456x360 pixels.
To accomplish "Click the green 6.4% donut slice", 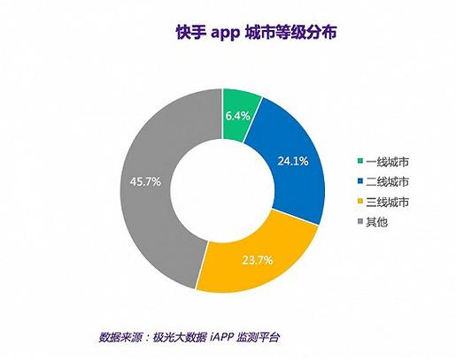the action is [x=238, y=116].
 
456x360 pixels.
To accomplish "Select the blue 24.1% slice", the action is [x=290, y=162].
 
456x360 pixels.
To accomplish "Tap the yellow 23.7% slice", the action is [x=258, y=259].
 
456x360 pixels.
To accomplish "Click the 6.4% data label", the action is [x=238, y=117].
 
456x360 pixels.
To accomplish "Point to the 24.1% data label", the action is [x=293, y=161].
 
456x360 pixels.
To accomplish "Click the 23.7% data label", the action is [x=258, y=260].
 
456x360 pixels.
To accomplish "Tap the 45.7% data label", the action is [x=145, y=182].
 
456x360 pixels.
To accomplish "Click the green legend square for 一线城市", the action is [x=360, y=161].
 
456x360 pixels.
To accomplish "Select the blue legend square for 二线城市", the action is [x=360, y=180].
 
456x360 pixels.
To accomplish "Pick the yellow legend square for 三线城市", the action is [x=360, y=201].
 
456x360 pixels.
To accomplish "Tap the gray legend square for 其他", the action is [x=360, y=221].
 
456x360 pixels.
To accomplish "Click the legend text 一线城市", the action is [x=387, y=162].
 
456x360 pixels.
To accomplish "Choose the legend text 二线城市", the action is [x=387, y=181].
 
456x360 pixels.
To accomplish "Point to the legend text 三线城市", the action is [x=387, y=202].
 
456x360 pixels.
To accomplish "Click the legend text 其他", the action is [x=376, y=222].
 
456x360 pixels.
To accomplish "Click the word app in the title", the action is [x=225, y=34].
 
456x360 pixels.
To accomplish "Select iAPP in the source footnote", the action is [x=222, y=336].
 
